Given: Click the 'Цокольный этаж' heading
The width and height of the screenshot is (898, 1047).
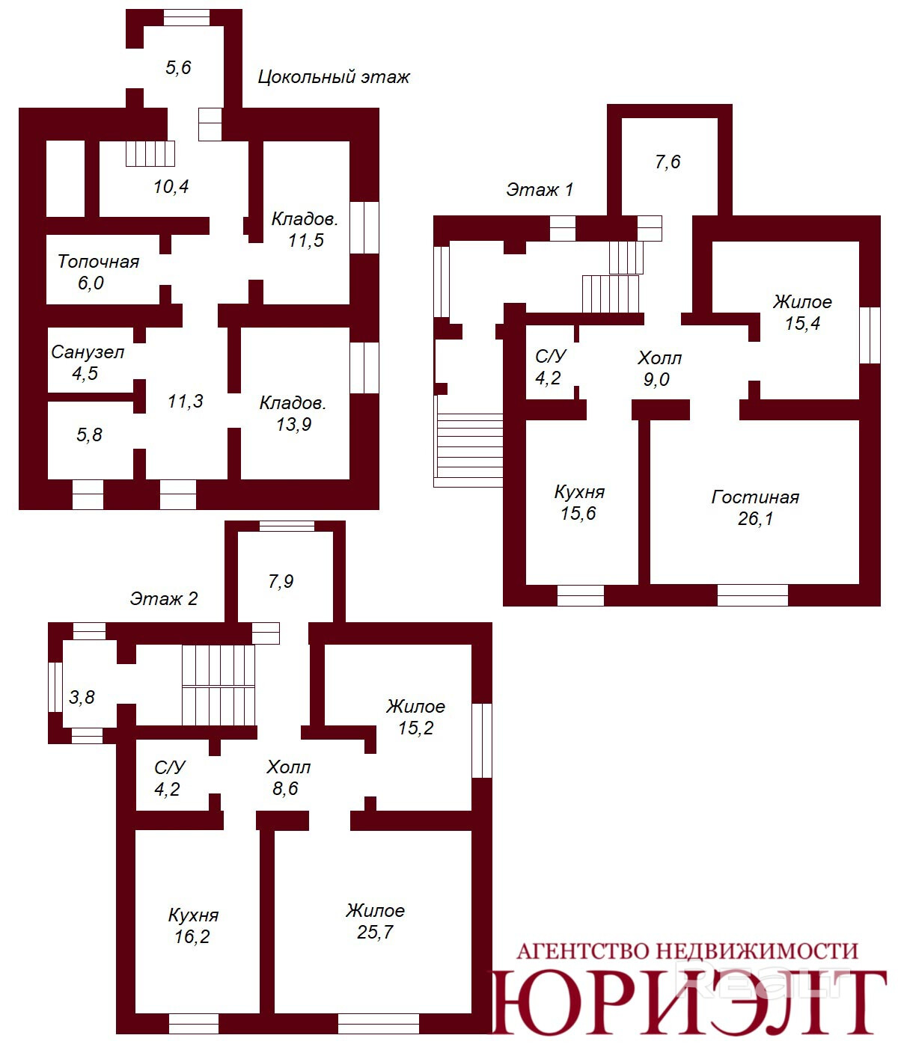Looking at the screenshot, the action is (334, 76).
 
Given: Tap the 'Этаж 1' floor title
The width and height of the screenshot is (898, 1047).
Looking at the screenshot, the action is (540, 189).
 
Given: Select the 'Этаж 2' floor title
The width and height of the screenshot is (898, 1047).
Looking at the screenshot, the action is (164, 598).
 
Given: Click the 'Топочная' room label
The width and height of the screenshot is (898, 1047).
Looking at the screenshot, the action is (98, 262).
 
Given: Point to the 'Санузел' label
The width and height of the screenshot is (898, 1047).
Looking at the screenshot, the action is (88, 352).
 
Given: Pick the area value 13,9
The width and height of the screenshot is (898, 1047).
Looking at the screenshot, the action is (293, 424).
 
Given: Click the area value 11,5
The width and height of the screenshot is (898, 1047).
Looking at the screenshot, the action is (306, 240).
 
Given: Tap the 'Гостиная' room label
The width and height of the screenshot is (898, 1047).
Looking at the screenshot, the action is (755, 497).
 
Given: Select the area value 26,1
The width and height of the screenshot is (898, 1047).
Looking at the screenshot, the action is (755, 518).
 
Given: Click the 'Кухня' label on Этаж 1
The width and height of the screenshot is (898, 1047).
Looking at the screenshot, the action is (579, 492).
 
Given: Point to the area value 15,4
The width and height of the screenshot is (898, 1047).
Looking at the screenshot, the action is (802, 323).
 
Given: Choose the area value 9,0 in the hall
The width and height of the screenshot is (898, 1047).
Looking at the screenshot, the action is (656, 379).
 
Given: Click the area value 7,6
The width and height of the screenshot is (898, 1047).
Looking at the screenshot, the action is (668, 162).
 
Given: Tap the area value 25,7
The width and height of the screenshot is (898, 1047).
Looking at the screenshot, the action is (375, 932).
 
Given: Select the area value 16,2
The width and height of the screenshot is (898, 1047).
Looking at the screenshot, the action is (192, 936).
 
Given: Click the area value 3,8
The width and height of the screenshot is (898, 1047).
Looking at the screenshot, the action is (82, 697).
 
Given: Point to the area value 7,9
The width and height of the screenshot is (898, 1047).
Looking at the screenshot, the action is (281, 581).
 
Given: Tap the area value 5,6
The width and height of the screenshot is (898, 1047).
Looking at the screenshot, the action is (178, 67).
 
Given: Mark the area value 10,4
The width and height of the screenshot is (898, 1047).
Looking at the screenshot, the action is (171, 186).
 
